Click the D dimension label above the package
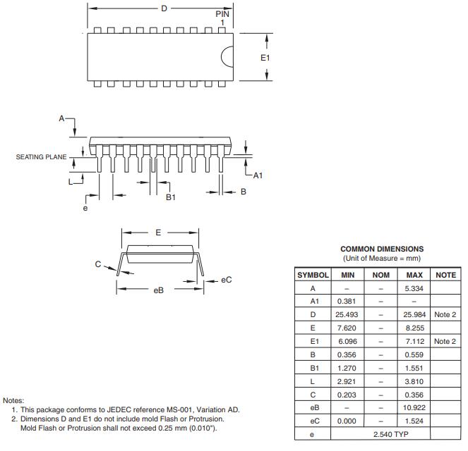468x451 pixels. click(164, 8)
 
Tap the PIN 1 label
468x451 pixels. click(222, 18)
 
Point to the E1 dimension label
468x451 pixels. click(265, 58)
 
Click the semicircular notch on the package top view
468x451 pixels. click(227, 56)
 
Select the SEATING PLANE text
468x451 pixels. click(41, 157)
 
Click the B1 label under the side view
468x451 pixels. click(171, 197)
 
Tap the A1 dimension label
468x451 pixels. click(258, 175)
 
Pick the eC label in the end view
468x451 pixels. click(227, 280)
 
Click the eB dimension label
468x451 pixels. click(159, 290)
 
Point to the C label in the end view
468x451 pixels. click(98, 264)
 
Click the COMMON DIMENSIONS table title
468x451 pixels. click(382, 249)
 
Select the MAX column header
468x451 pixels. click(414, 275)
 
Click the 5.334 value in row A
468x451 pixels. click(414, 288)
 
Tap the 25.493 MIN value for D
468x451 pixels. click(347, 314)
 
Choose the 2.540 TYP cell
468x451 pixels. click(390, 434)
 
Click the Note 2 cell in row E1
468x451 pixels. click(445, 341)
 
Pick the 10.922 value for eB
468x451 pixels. click(414, 407)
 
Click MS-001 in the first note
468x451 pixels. click(178, 410)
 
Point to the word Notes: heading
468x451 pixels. click(13, 401)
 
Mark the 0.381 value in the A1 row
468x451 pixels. click(347, 301)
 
